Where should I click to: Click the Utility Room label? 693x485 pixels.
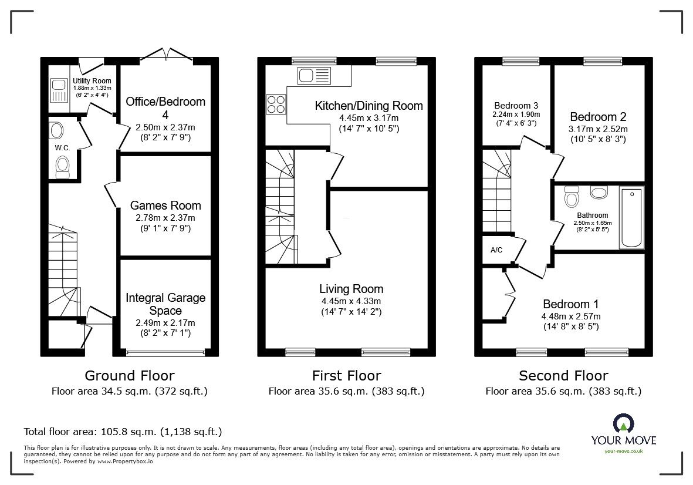coord(92,81)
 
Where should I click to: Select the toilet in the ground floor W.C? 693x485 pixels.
coord(62,166)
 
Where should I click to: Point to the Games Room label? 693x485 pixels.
coord(165,206)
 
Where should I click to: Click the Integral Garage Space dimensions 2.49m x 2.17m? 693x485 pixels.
coord(165,323)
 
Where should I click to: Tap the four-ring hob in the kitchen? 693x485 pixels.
coord(276,104)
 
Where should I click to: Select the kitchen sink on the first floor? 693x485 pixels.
coord(315,75)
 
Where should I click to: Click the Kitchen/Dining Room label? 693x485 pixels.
coord(369,106)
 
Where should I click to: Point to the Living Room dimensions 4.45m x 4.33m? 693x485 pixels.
coord(351,301)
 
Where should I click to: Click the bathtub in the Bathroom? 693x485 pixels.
coord(631,217)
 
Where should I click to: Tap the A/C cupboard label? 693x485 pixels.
coord(496,250)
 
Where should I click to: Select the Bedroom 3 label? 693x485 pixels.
coord(516,106)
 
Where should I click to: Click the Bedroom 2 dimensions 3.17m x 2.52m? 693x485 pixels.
coord(598,129)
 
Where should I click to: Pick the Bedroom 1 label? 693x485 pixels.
coord(570,304)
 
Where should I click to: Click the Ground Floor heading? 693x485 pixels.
coord(129,375)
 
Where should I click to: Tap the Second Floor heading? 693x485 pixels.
coord(563,375)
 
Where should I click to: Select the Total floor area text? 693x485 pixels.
coord(123,432)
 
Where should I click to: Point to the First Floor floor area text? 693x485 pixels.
coord(346,391)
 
